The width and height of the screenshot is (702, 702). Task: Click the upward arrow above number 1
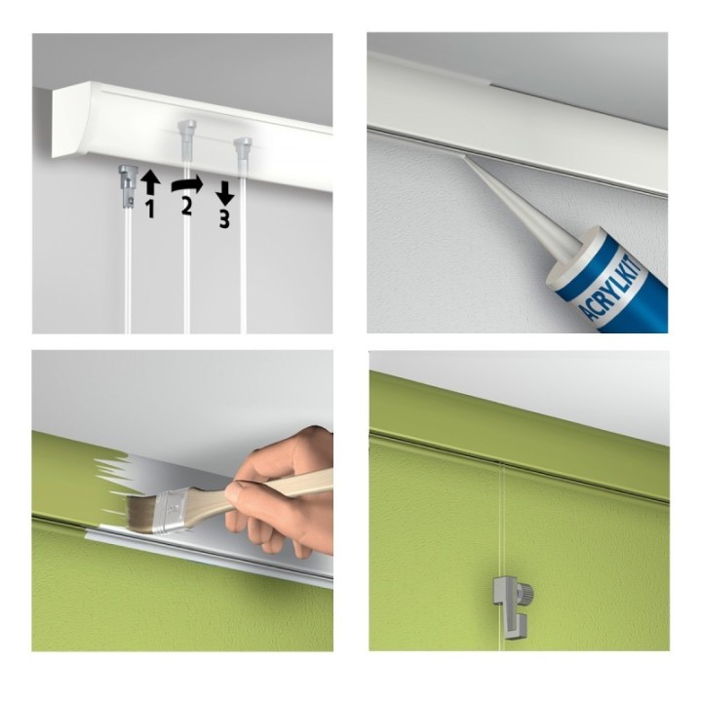[150, 184]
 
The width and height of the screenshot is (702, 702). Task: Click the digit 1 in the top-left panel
[151, 209]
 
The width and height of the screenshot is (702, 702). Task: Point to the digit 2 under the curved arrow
[186, 207]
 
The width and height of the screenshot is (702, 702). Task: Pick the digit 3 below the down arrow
[224, 219]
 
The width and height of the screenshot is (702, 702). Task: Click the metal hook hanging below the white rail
[127, 186]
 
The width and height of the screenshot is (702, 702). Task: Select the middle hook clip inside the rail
[186, 133]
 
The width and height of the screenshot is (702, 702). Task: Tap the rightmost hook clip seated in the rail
[243, 147]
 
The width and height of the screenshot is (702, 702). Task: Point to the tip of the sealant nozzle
[462, 156]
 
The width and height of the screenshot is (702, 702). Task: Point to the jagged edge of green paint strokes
[112, 485]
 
